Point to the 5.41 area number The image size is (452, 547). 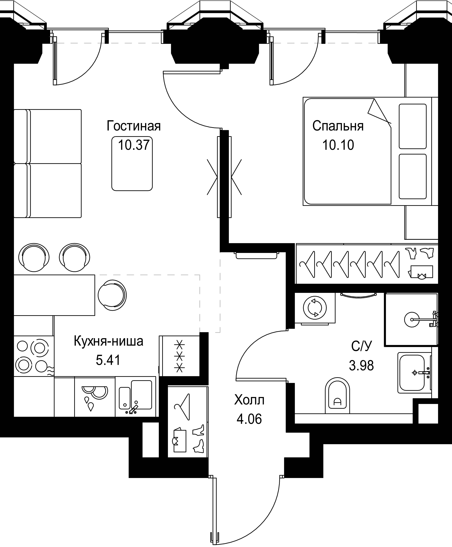(108, 360)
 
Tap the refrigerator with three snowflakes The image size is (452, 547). (179, 356)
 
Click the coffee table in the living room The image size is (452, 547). (132, 164)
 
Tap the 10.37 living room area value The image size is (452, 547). (134, 145)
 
